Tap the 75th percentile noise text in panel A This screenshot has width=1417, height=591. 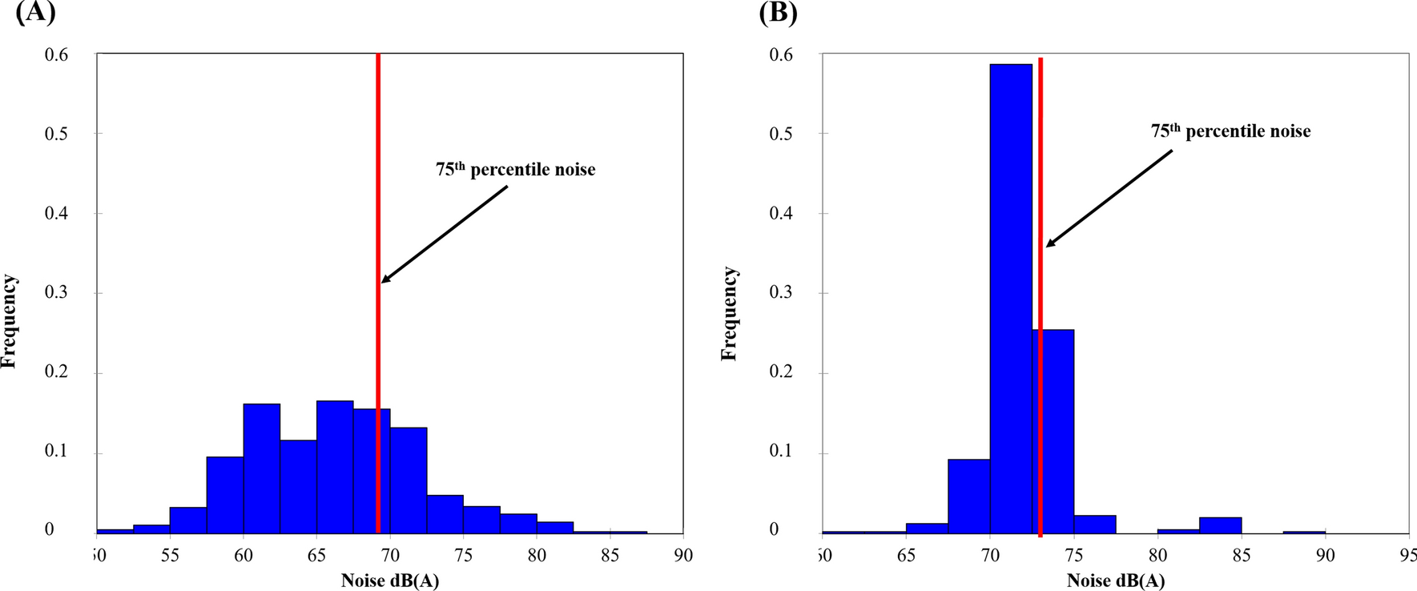tap(515, 170)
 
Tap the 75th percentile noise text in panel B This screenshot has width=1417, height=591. tap(1230, 131)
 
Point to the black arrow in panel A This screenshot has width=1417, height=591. tap(445, 234)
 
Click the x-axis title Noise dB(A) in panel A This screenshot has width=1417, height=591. tap(390, 581)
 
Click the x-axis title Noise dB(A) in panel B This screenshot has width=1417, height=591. tap(1116, 581)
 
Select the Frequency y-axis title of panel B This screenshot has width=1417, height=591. tap(729, 314)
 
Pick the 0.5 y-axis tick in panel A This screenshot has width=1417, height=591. tap(56, 134)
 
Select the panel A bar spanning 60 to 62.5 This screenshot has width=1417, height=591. tap(262, 468)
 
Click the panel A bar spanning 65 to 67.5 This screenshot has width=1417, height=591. tap(335, 466)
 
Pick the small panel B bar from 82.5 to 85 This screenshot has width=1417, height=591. tap(1220, 525)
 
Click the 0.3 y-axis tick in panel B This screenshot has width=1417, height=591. tap(781, 292)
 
